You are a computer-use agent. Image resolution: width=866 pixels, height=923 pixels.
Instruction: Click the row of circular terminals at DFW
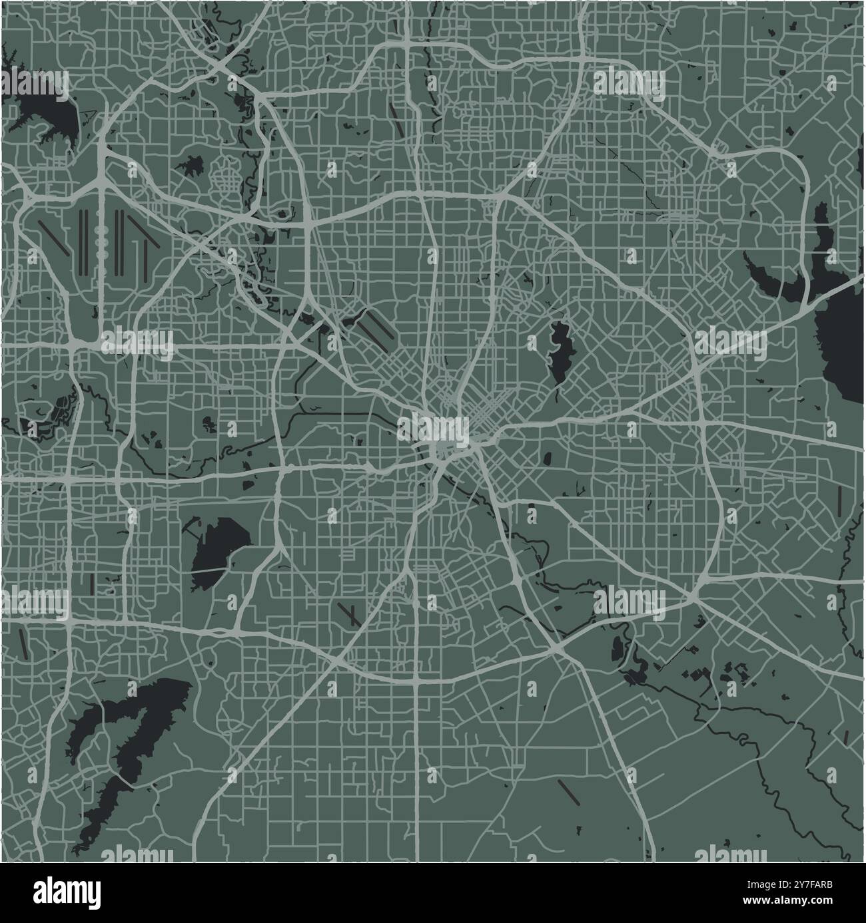[x=102, y=240]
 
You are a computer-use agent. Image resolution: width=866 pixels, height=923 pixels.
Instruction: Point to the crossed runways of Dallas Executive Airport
[x=348, y=614]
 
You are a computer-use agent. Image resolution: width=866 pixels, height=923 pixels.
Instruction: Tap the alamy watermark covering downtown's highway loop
[x=434, y=429]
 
